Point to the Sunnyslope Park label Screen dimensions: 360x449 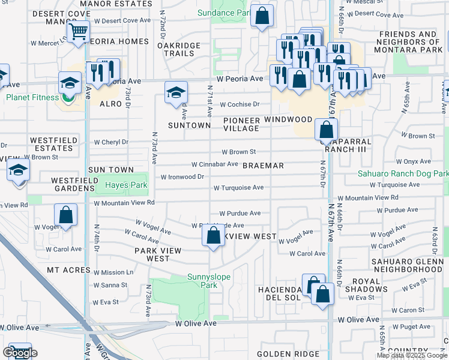202,281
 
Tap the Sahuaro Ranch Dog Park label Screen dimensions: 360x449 403,173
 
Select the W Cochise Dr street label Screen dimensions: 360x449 240,104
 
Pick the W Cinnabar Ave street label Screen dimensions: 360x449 215,164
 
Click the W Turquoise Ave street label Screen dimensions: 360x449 239,188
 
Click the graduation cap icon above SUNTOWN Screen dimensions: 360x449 176,92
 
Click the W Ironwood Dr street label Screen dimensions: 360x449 182,177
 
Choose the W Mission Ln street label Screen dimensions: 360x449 113,272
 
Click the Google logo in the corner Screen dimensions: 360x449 19,353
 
